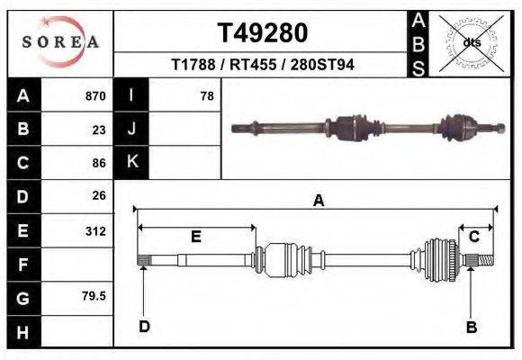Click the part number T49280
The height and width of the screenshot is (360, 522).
click(x=263, y=33)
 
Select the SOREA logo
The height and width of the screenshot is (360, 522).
click(x=60, y=42)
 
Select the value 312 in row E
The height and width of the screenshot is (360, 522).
click(x=95, y=230)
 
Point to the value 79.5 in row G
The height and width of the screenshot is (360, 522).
click(x=94, y=296)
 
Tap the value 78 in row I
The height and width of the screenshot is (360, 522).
click(x=206, y=95)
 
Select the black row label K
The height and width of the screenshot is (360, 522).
click(x=131, y=162)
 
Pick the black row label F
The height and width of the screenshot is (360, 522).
click(x=22, y=265)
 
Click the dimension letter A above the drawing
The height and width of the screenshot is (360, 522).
click(x=318, y=202)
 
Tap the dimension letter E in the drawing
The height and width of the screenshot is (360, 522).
click(x=195, y=236)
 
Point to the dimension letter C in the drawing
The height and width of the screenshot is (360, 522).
click(x=473, y=236)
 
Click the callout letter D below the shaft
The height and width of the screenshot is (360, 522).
click(x=144, y=326)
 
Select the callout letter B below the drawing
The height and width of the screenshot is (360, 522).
click(x=471, y=327)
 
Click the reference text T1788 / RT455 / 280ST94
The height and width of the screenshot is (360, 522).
click(x=262, y=65)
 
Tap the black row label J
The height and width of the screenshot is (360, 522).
click(x=131, y=129)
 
